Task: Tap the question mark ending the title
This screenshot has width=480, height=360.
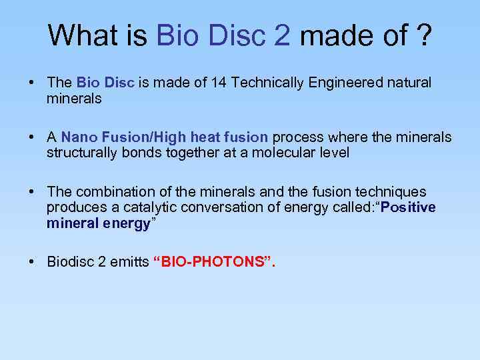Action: point(423,35)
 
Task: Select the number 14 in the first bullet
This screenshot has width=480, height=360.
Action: point(219,83)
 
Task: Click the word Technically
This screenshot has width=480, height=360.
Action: point(263,83)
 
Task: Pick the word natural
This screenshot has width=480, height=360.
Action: point(408,83)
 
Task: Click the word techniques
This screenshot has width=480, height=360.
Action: point(393,192)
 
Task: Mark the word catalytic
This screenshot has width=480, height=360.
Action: point(147,207)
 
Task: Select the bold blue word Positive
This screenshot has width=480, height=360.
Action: point(410,207)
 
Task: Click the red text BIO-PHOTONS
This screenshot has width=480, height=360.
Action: point(213,261)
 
